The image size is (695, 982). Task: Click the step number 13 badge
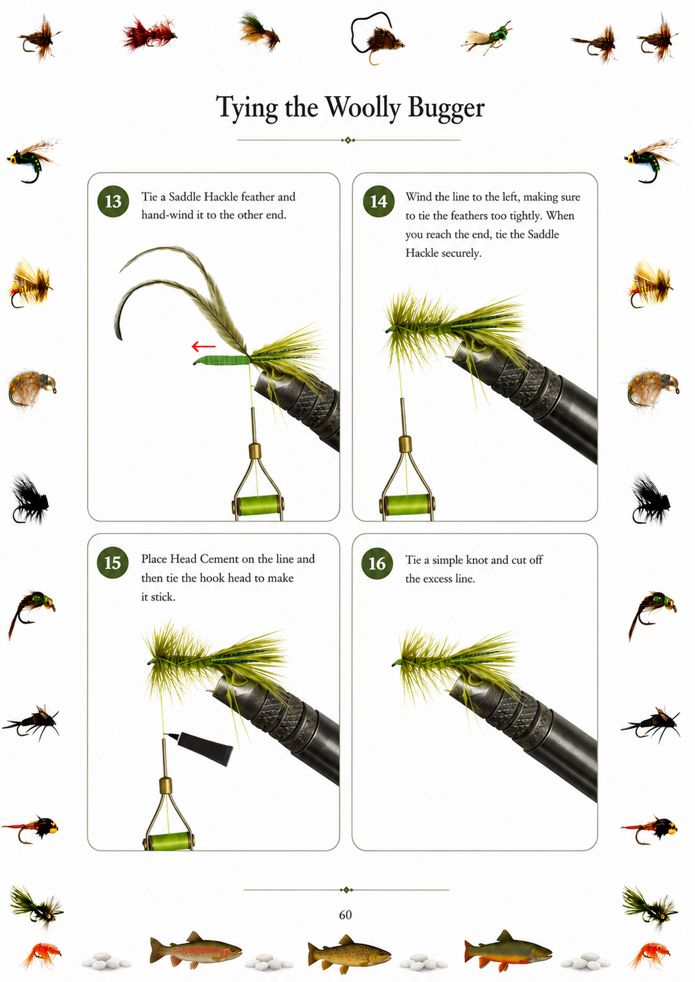(113, 202)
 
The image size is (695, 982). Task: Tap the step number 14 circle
(379, 202)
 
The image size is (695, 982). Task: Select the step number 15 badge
(113, 563)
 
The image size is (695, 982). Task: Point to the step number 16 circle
(377, 563)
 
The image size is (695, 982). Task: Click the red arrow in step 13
(204, 347)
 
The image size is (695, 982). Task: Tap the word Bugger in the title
(446, 107)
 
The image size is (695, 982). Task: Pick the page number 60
(345, 914)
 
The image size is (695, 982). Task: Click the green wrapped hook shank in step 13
(223, 361)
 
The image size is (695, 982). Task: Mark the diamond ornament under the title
(348, 140)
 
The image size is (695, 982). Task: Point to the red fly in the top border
(149, 33)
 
